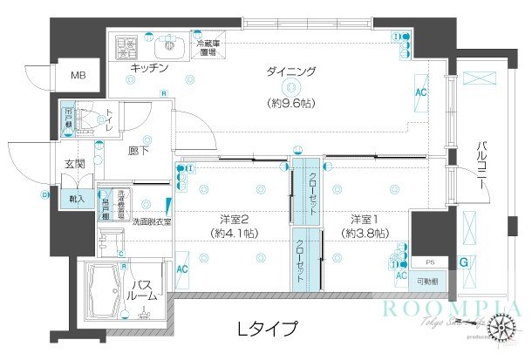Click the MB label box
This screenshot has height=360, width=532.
[78, 76]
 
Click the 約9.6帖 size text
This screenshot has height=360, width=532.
[290, 103]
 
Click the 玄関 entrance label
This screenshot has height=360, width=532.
[72, 162]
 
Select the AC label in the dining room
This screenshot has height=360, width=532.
[420, 92]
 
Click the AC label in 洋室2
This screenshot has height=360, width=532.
[184, 271]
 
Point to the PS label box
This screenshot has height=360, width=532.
[430, 262]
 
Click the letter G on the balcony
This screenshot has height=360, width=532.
[464, 262]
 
